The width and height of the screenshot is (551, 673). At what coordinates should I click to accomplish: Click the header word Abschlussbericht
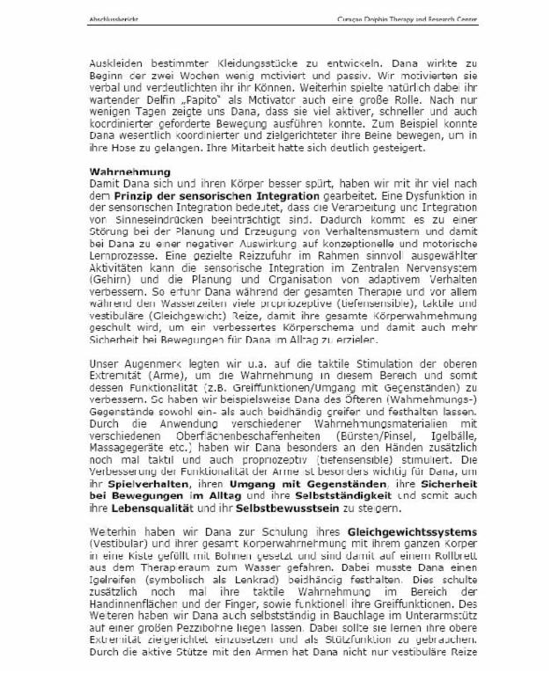click(x=112, y=18)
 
